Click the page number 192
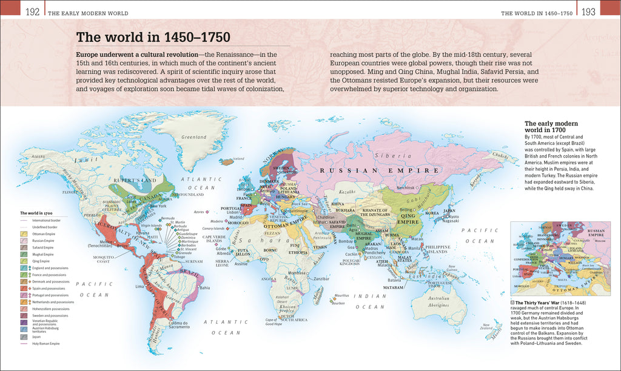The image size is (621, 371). point(32,12)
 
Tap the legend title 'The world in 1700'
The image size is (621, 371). point(36,213)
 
